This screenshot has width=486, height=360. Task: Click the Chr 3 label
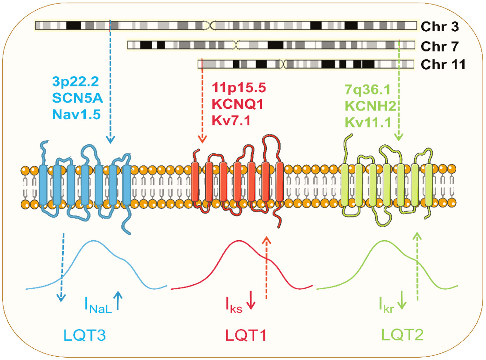tap(439, 26)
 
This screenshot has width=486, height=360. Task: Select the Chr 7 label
tap(439, 46)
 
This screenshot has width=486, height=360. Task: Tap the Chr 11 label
tap(443, 64)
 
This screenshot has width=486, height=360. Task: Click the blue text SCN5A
tap(77, 98)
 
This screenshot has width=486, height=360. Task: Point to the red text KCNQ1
tap(237, 104)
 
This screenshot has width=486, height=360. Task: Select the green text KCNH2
tap(370, 106)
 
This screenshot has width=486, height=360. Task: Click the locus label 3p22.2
tap(75, 82)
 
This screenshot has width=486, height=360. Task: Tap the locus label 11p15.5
tap(239, 88)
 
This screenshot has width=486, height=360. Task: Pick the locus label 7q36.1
tap(367, 90)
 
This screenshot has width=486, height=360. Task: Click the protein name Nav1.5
tap(76, 115)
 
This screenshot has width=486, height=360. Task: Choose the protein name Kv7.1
tap(231, 120)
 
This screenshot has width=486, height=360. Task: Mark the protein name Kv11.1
tap(368, 122)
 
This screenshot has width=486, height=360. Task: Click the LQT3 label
tap(84, 335)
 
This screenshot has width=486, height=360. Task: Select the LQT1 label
tap(246, 335)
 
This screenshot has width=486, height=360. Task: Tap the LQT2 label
tap(402, 335)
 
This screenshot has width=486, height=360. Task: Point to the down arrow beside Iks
tap(251, 300)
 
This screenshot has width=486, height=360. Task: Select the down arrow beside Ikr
tap(402, 300)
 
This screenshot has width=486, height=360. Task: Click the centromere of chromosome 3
tap(210, 25)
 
